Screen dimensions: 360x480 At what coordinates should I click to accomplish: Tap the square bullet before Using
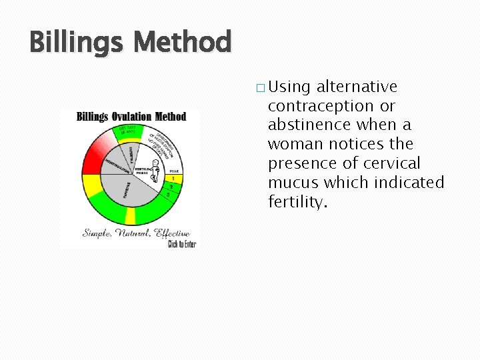tap(259, 88)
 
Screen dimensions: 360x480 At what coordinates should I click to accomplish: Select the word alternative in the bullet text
tap(357, 87)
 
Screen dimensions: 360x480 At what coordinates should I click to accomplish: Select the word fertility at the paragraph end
tap(297, 201)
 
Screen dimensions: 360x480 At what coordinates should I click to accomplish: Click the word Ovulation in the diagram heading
tap(131, 117)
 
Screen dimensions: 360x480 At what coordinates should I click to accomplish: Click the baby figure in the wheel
tap(155, 171)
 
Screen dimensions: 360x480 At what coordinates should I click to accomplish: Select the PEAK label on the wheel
tap(173, 171)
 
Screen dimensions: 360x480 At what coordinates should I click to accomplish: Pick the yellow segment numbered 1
tap(174, 179)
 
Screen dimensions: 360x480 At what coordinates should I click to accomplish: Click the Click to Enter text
tap(182, 244)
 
